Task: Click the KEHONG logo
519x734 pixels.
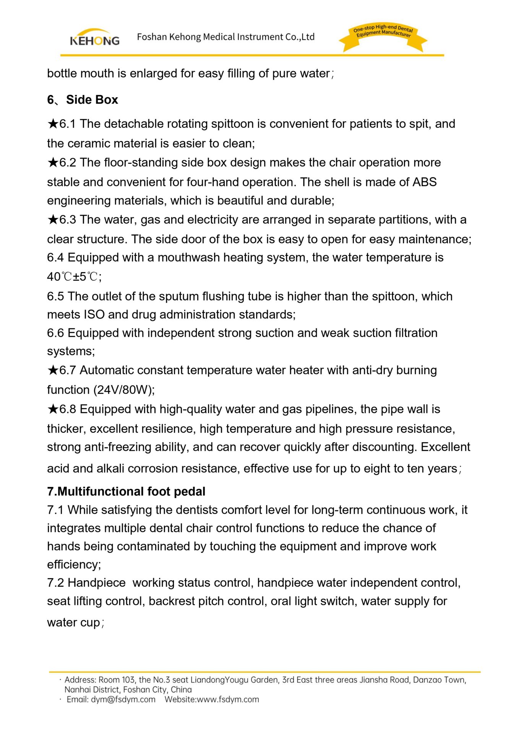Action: tap(94, 37)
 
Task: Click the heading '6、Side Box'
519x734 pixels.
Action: tap(83, 100)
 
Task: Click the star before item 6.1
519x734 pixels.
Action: tap(53, 124)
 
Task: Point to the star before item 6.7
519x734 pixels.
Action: tap(53, 370)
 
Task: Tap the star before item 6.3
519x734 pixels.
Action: tap(53, 219)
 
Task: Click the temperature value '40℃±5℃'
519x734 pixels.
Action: tap(74, 276)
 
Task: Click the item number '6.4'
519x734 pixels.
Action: tap(55, 257)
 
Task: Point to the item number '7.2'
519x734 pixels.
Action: tap(55, 583)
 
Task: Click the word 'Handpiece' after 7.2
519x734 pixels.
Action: tap(97, 583)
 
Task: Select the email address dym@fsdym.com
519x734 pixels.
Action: tap(123, 700)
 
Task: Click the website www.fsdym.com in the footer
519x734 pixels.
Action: tap(228, 700)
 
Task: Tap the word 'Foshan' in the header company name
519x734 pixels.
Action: tap(152, 37)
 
